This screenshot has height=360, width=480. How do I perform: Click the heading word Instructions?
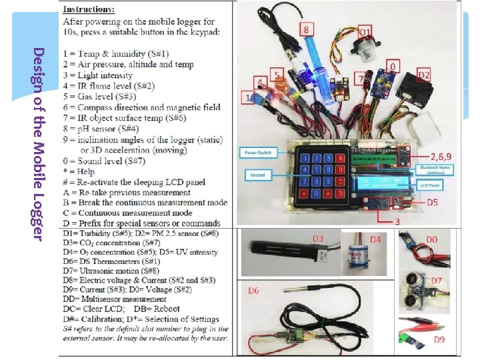[88, 10]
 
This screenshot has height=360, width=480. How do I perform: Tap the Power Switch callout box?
[257, 152]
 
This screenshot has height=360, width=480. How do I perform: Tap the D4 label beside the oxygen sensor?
[376, 238]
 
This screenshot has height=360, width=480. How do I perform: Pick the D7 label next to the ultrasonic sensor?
[436, 280]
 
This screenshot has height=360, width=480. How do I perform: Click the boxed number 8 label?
[306, 30]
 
